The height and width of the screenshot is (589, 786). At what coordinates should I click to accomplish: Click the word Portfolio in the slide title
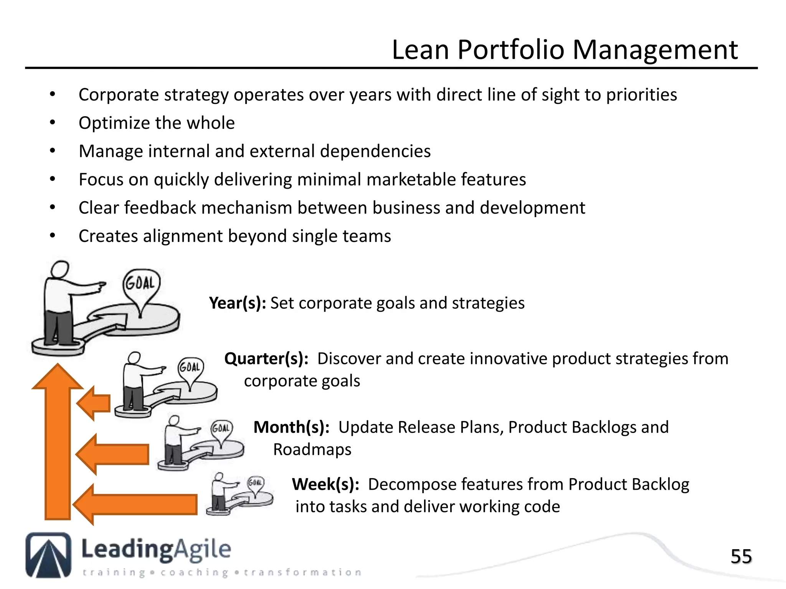510,50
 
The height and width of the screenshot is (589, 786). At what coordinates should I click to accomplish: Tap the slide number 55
741,556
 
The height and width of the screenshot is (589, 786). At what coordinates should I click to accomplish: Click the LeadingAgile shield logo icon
48,555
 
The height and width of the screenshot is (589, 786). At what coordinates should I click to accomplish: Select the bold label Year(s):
238,303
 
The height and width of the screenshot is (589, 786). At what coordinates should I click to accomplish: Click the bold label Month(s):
291,427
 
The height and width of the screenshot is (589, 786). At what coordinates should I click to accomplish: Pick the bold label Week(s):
325,484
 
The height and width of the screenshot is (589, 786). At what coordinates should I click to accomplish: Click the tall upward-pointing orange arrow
58,441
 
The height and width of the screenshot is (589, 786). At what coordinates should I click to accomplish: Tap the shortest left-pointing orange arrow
94,403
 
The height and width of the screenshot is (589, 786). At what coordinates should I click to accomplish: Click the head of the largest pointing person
60,270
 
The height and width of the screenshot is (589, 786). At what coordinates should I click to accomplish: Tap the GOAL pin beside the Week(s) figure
256,484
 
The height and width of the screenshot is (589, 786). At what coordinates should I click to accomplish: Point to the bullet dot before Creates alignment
53,236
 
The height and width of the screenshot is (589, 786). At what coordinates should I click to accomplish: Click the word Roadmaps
312,449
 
